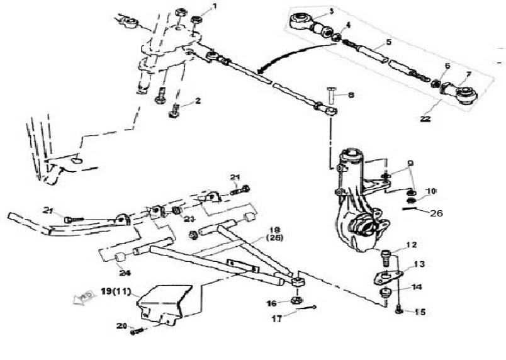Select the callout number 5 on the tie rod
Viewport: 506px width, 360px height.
388,42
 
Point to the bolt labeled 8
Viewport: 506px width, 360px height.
332,95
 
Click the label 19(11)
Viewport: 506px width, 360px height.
118,291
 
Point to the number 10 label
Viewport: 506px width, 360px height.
430,190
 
